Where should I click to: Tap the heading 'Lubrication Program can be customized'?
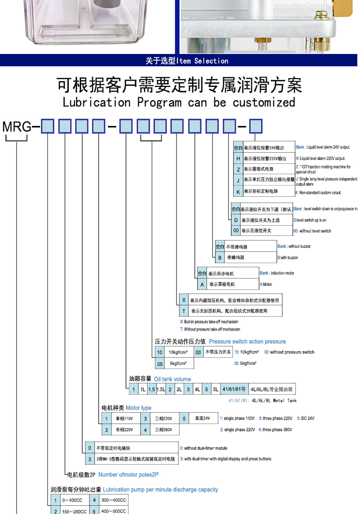pyautogui.click(x=179, y=102)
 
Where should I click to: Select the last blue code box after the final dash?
pyautogui.click(x=256, y=126)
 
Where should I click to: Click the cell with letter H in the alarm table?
pyautogui.click(x=238, y=158)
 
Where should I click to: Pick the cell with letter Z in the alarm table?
pyautogui.click(x=238, y=169)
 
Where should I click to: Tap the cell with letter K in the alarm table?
pyautogui.click(x=238, y=192)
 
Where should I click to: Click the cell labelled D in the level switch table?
pyautogui.click(x=236, y=220)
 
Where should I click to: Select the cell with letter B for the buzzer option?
pyautogui.click(x=220, y=257)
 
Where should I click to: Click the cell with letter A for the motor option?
pyautogui.click(x=202, y=284)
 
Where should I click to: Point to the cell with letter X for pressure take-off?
pyautogui.click(x=183, y=300)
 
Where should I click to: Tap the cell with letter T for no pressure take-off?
pyautogui.click(x=183, y=311)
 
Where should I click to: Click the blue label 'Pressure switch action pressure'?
pyautogui.click(x=247, y=341)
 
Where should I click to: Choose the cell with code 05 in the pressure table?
pyautogui.click(x=160, y=363)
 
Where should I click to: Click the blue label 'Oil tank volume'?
pyautogui.click(x=172, y=379)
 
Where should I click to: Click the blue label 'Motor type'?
pyautogui.click(x=138, y=408)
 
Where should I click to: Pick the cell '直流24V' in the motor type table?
pyautogui.click(x=202, y=418)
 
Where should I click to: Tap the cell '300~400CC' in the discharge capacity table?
pyautogui.click(x=112, y=500)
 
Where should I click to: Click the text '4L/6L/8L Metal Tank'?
pyautogui.click(x=274, y=400)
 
